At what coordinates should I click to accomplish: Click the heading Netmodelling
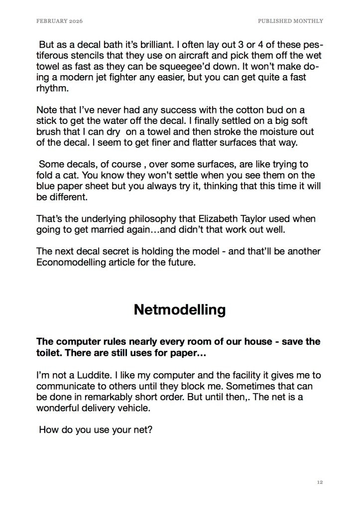pos(180,309)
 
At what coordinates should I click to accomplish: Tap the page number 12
pos(320,482)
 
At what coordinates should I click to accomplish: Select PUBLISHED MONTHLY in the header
pos(290,21)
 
